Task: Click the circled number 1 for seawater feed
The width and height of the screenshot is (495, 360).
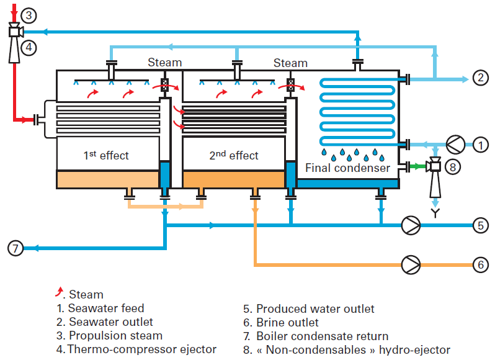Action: click(x=480, y=145)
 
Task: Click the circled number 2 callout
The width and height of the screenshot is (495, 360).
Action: click(x=480, y=78)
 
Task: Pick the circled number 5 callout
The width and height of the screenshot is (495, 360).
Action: click(x=480, y=225)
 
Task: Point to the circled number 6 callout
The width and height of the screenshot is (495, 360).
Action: click(x=480, y=264)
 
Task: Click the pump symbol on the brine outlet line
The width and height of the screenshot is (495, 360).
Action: click(x=411, y=264)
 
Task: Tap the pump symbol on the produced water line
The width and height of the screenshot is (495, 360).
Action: click(x=411, y=225)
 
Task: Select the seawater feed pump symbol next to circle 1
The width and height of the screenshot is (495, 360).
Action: click(x=454, y=145)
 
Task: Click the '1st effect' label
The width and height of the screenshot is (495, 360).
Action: click(x=106, y=155)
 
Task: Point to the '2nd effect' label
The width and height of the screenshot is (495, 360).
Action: click(x=233, y=155)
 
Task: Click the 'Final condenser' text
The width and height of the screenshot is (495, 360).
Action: click(x=347, y=168)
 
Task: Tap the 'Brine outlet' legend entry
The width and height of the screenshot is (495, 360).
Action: click(x=287, y=323)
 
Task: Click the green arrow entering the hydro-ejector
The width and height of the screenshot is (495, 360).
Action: click(x=422, y=166)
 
